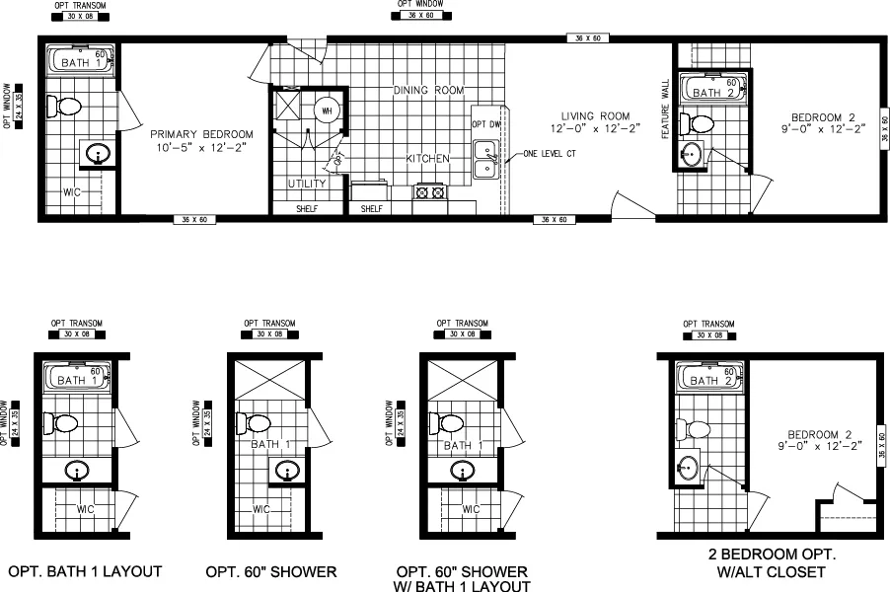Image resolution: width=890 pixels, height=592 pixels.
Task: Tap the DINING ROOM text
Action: pos(428,91)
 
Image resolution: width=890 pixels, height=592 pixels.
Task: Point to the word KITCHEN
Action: pos(427,158)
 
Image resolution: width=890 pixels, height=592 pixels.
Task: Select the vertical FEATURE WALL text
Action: pos(665,109)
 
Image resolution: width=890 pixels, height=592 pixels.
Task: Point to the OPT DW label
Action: pos(485,124)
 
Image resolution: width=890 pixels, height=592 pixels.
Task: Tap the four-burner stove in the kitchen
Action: pos(430,191)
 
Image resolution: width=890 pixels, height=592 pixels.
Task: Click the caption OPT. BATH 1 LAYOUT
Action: pos(85,571)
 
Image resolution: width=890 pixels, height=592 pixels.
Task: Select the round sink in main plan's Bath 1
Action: pos(97,153)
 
